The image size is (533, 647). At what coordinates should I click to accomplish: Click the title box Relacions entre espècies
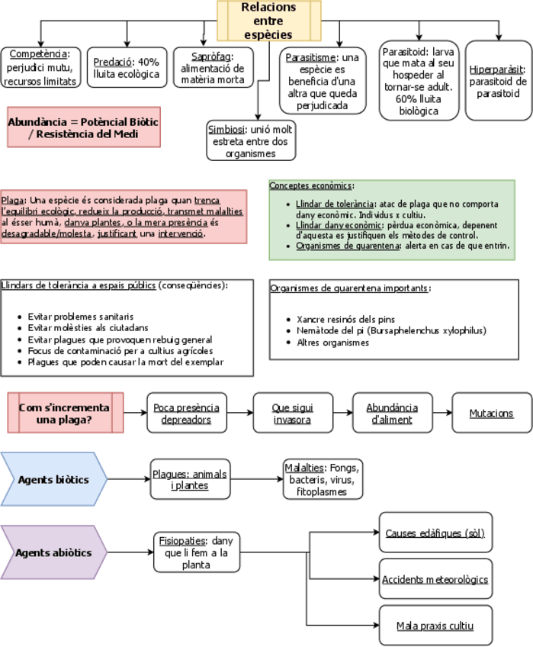click(x=268, y=21)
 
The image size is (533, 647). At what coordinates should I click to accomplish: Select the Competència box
click(x=40, y=67)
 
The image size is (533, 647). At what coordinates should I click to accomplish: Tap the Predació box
click(x=126, y=68)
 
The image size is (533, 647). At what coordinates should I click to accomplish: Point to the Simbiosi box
click(x=249, y=141)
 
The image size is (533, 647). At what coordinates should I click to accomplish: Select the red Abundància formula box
click(x=84, y=127)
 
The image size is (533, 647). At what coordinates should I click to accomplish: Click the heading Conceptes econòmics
click(x=311, y=185)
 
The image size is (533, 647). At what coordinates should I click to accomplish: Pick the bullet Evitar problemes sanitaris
click(x=80, y=316)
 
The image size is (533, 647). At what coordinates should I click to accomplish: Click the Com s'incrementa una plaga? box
click(x=64, y=413)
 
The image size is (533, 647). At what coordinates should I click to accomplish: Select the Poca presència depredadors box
click(x=186, y=413)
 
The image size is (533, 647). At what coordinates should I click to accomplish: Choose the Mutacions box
click(x=491, y=413)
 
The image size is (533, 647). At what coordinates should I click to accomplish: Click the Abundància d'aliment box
click(x=392, y=413)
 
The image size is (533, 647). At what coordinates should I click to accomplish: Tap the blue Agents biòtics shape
click(x=54, y=480)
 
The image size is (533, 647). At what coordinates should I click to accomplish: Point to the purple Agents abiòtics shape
click(x=54, y=552)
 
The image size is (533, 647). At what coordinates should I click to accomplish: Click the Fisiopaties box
click(x=196, y=552)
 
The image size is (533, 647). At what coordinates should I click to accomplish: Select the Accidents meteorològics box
click(x=435, y=579)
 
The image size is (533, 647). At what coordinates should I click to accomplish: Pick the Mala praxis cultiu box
click(x=435, y=626)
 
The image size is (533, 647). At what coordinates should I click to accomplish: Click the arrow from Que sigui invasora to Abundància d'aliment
click(x=343, y=413)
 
